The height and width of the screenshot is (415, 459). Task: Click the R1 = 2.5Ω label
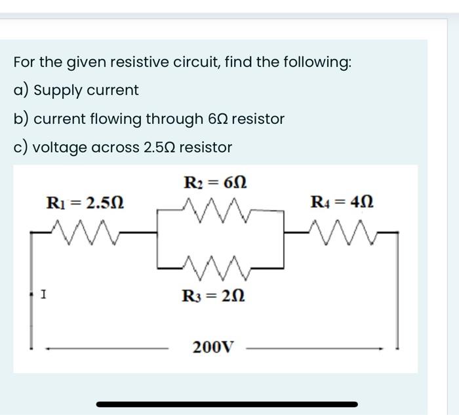click(x=85, y=203)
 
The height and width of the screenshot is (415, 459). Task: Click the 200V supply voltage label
click(x=212, y=346)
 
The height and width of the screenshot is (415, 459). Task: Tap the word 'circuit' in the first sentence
click(x=195, y=62)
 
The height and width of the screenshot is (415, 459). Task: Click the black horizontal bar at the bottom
click(x=227, y=404)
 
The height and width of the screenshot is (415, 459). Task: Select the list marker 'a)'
click(x=20, y=90)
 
